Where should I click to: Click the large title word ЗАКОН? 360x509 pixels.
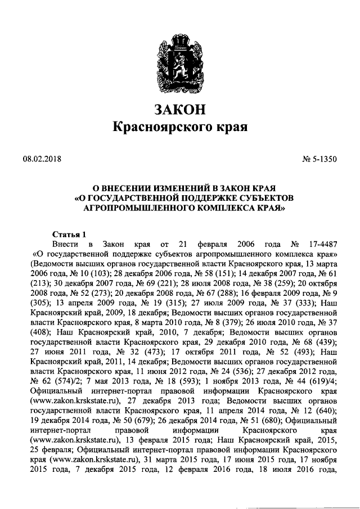coord(181,108)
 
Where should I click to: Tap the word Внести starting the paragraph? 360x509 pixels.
coord(65,245)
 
